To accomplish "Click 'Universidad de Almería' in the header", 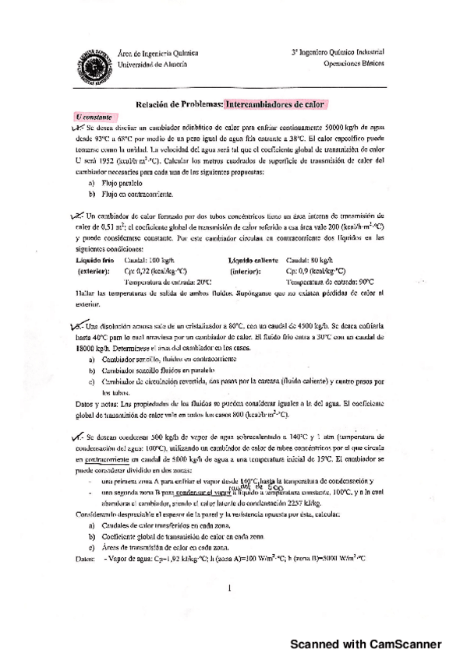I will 152,64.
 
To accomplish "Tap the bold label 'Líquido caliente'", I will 254,262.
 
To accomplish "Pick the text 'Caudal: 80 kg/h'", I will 311,262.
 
